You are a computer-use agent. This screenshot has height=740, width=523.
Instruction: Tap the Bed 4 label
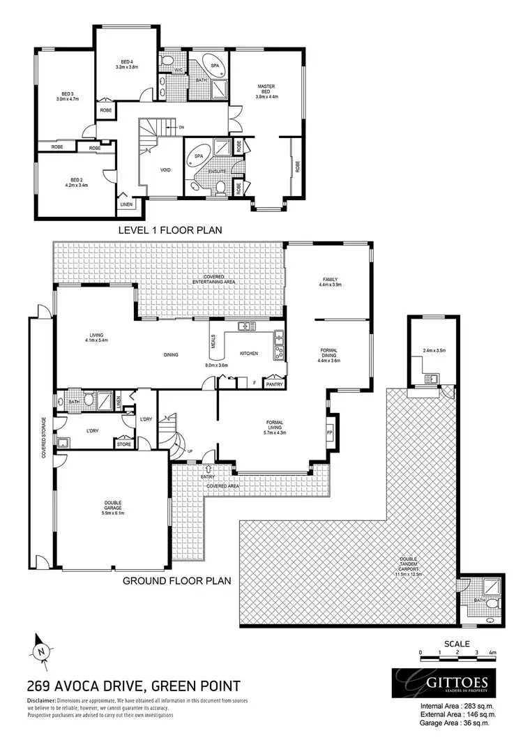pos(127,65)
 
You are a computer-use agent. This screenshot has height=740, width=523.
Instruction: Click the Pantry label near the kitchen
pos(274,383)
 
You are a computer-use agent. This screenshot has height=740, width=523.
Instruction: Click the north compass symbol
pos(41,650)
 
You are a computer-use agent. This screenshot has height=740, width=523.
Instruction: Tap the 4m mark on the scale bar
pos(492,651)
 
